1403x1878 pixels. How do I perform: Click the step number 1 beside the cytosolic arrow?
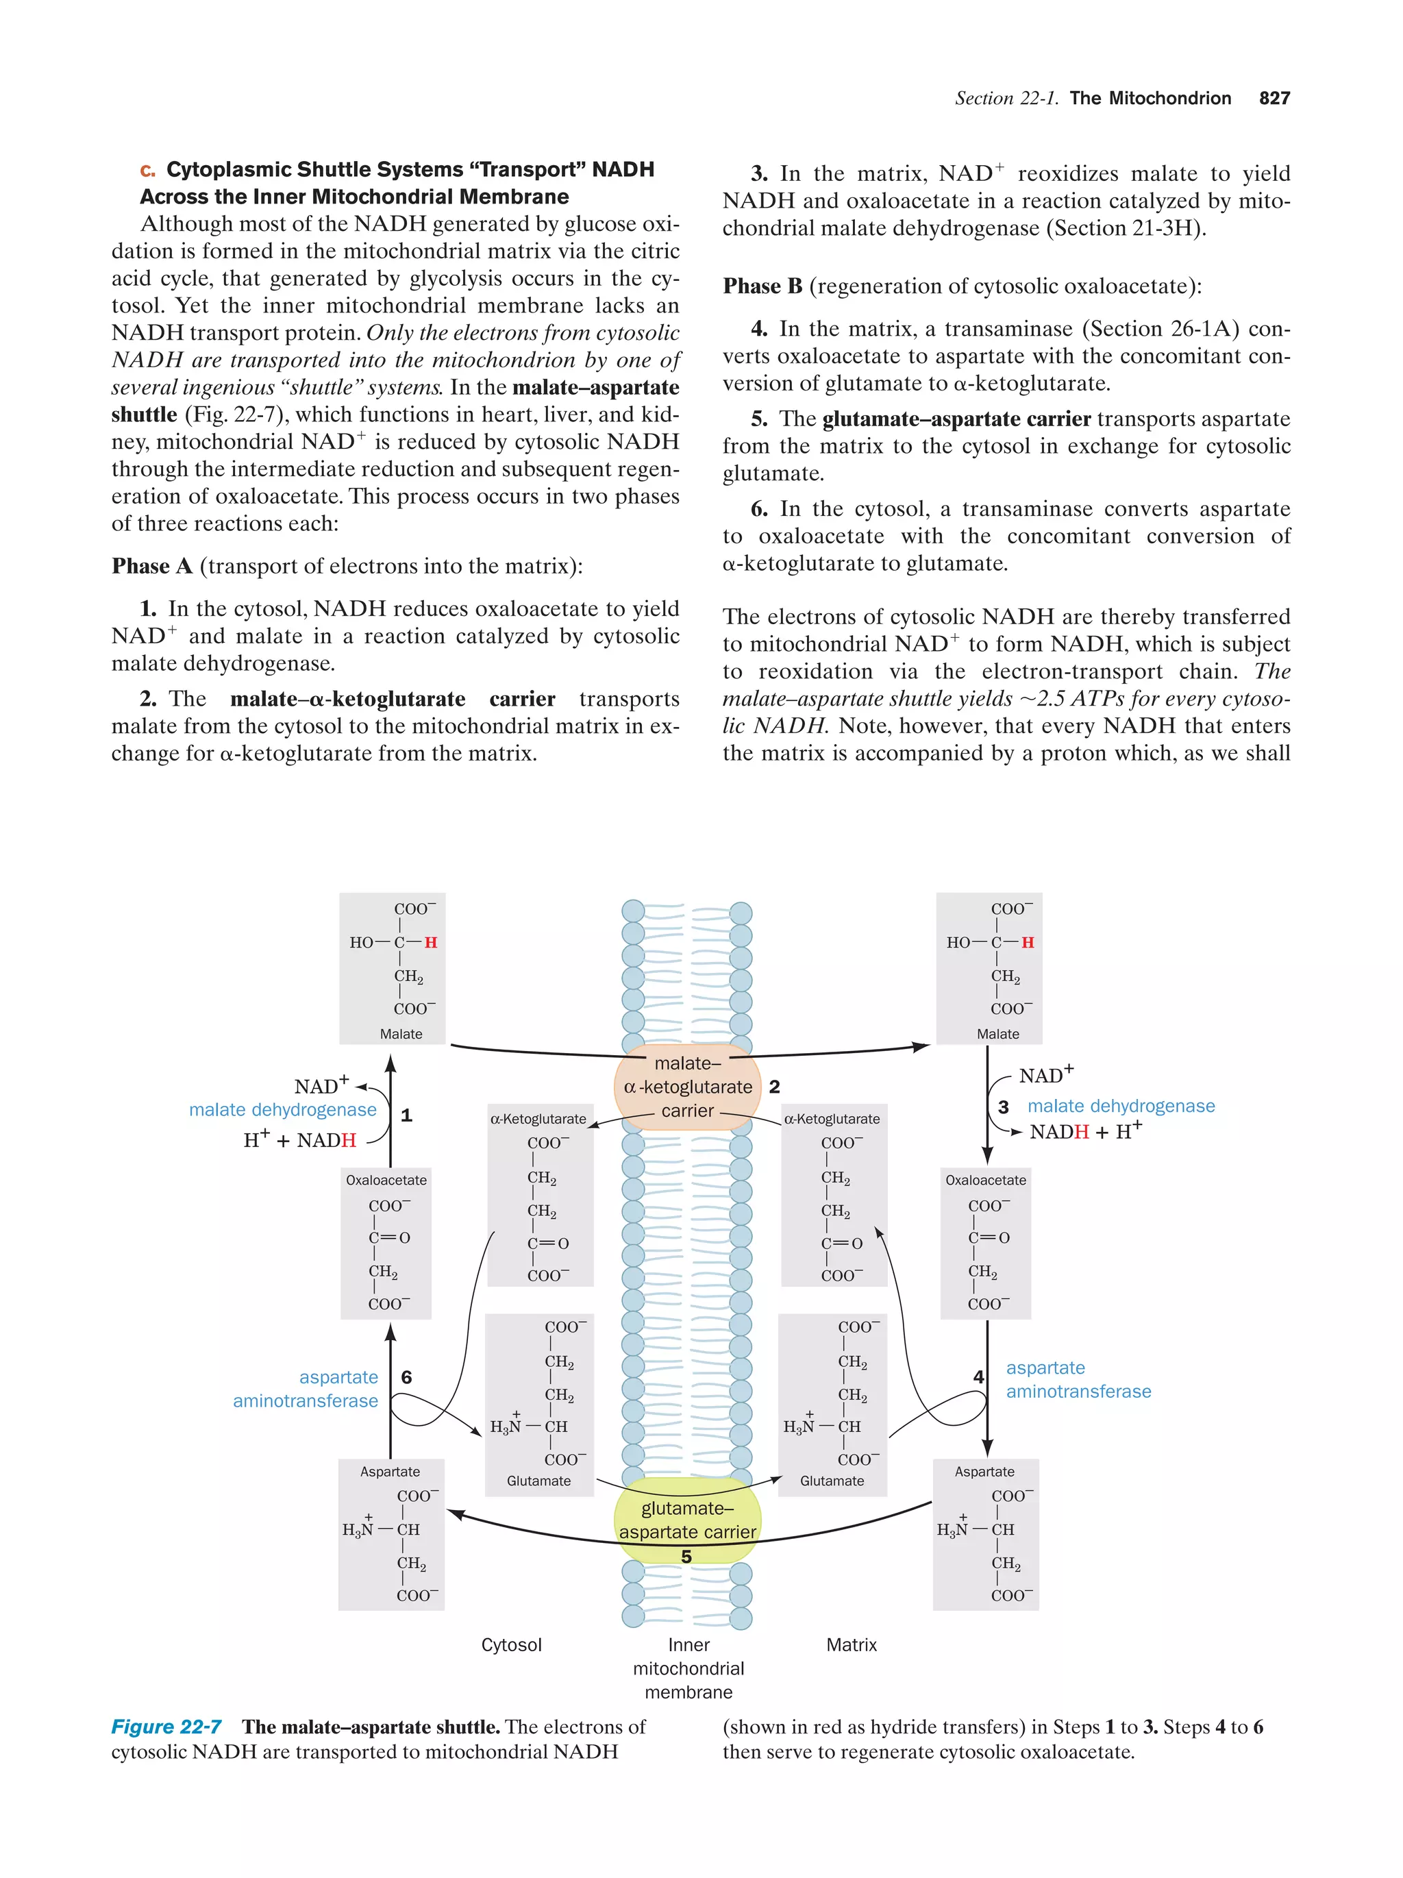406,1115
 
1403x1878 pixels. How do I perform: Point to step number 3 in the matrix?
1003,1107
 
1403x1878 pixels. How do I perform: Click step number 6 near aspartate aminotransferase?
406,1377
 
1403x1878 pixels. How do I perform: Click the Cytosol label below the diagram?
511,1644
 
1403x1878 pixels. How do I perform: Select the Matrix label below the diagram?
852,1644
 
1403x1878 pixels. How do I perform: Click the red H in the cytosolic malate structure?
431,942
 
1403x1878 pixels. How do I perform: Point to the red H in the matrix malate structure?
1028,942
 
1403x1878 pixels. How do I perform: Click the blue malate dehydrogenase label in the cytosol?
283,1110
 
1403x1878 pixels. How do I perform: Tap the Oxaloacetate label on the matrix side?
985,1180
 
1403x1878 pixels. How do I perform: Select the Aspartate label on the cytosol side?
390,1471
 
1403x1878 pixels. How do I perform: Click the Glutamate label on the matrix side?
832,1481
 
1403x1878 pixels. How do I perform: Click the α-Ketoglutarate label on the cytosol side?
538,1119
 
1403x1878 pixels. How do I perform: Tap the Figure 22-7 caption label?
166,1727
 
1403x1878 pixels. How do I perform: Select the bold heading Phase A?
152,567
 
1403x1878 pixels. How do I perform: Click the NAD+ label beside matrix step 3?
1045,1076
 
